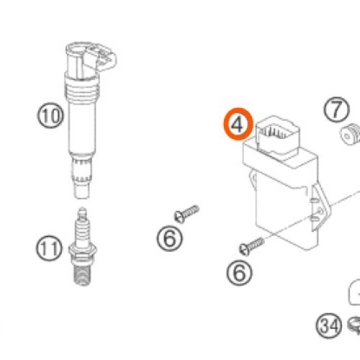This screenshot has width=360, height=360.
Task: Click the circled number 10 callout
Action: coord(50,115)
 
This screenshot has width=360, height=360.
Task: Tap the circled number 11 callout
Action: coord(49,248)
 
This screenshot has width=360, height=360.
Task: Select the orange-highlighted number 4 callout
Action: coord(238,124)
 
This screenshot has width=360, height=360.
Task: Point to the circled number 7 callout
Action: coord(336,109)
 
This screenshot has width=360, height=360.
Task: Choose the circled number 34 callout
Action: coord(329,325)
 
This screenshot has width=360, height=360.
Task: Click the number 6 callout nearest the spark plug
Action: coord(170,238)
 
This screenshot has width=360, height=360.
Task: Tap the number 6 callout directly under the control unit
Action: coord(239,273)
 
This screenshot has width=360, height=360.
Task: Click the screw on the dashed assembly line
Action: coord(251,246)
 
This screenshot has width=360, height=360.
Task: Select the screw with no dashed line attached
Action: coord(186,213)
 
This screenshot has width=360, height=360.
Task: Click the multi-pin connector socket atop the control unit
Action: coord(278,135)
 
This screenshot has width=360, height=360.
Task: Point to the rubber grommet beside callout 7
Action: coord(350,134)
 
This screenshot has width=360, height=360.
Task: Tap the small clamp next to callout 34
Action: coord(354,325)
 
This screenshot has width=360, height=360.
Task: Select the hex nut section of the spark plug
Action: coord(83,250)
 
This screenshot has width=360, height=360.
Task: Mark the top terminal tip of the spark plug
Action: coord(83,212)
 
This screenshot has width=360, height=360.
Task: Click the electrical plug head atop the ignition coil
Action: coord(91,59)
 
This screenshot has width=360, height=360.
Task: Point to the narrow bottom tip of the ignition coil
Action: coord(81,191)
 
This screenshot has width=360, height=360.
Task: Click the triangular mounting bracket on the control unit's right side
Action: coord(320,206)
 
